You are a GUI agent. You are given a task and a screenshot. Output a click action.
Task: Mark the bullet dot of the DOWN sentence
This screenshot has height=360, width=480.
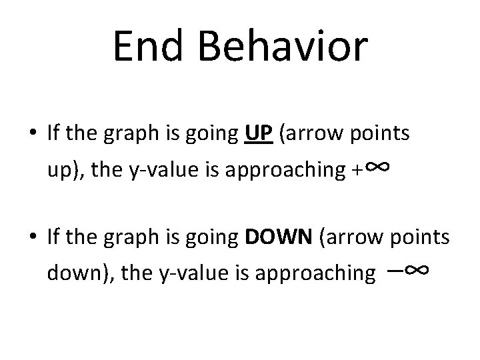33,239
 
